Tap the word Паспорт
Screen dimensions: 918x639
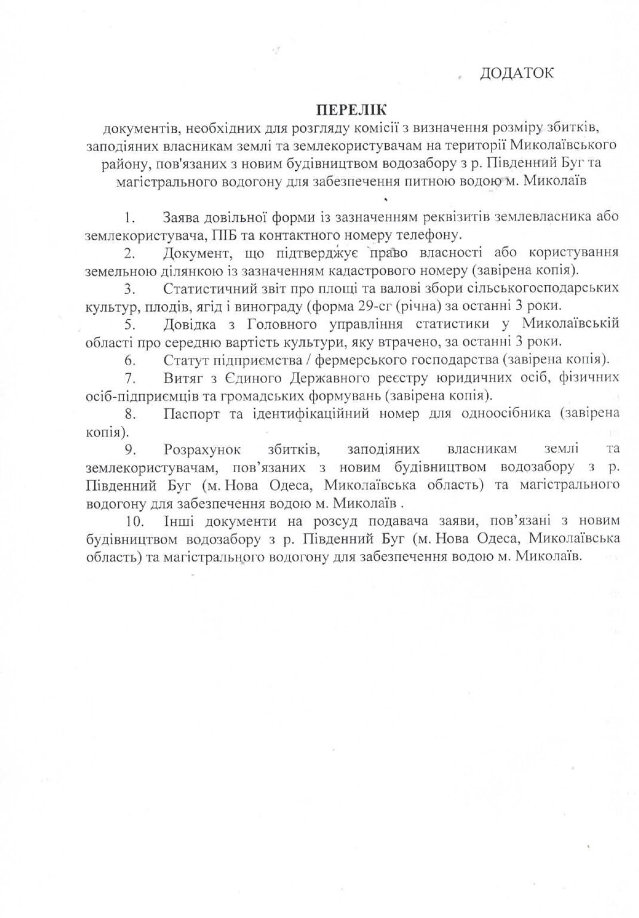pyautogui.click(x=189, y=413)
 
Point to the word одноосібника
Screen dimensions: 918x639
pyautogui.click(x=503, y=413)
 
